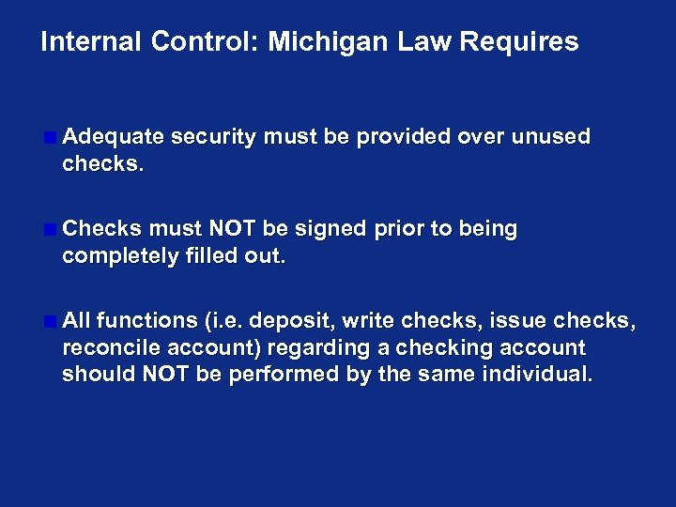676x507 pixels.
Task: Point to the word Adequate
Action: point(113,137)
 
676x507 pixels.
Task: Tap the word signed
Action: point(330,229)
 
